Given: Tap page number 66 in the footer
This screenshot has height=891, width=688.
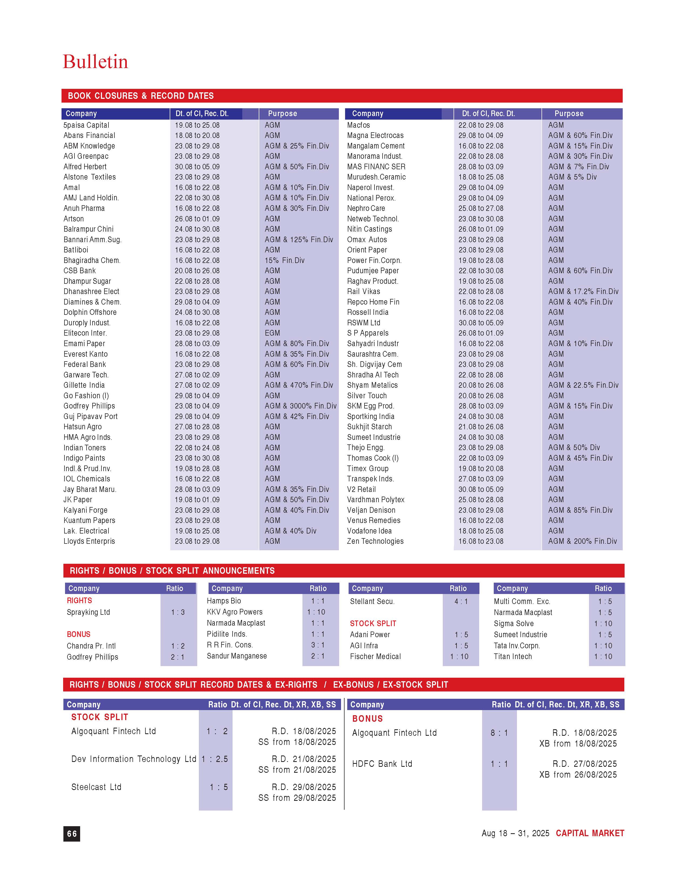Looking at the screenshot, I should tap(72, 833).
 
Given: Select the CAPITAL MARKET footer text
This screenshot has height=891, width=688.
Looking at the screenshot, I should tap(590, 833).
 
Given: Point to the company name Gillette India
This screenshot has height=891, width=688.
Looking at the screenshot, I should tap(84, 385).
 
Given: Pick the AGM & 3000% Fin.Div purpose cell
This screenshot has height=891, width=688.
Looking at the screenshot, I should tap(300, 406).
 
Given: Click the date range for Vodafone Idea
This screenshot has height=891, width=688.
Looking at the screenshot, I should tap(481, 531).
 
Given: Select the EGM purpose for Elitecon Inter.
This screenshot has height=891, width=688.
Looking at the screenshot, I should tap(272, 333).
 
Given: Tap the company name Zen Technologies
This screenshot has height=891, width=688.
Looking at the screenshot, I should tap(375, 541).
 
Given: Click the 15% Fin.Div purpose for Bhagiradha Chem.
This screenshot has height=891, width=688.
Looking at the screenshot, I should tap(284, 260).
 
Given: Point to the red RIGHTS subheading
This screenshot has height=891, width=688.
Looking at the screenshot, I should tap(80, 600).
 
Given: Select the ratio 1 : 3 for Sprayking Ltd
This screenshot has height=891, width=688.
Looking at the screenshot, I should tap(178, 612).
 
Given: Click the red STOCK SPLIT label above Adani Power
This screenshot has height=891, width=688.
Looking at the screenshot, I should tap(373, 623).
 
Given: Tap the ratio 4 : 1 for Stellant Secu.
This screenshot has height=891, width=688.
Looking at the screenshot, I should tap(461, 601).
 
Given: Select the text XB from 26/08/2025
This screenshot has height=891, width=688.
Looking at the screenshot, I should tap(578, 775).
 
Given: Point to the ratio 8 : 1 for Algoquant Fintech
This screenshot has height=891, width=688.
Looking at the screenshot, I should tap(499, 733).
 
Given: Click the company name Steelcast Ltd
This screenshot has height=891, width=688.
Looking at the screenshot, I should tap(96, 787).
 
